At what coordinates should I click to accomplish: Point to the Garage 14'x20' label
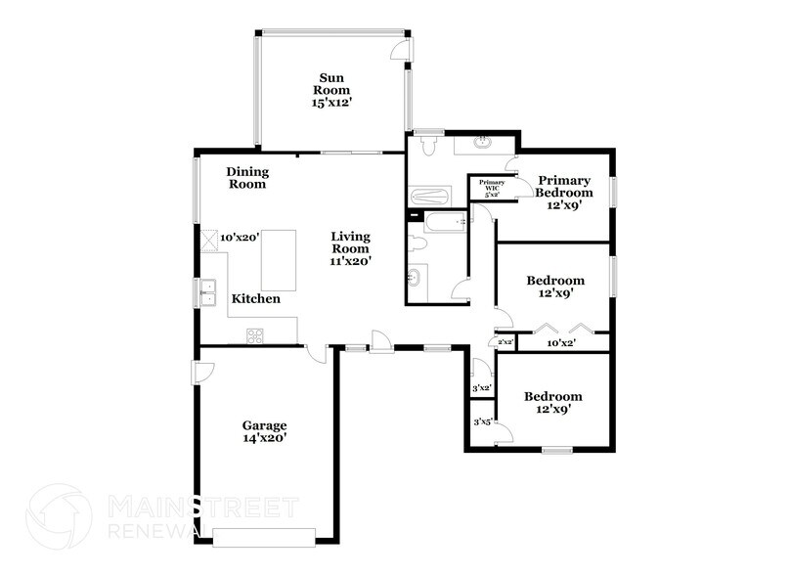[265, 431]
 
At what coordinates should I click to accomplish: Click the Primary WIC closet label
[492, 188]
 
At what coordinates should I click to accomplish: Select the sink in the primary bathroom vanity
[481, 144]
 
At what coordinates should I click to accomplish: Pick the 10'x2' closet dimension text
[560, 343]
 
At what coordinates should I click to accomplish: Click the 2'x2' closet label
[506, 343]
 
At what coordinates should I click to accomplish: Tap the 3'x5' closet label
[481, 422]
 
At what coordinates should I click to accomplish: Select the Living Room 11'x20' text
[350, 248]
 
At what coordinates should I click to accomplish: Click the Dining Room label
[247, 177]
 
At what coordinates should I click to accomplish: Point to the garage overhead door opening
[265, 535]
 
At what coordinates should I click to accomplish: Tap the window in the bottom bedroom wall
[557, 450]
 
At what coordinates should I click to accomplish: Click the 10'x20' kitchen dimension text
[238, 238]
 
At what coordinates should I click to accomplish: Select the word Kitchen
[256, 298]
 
